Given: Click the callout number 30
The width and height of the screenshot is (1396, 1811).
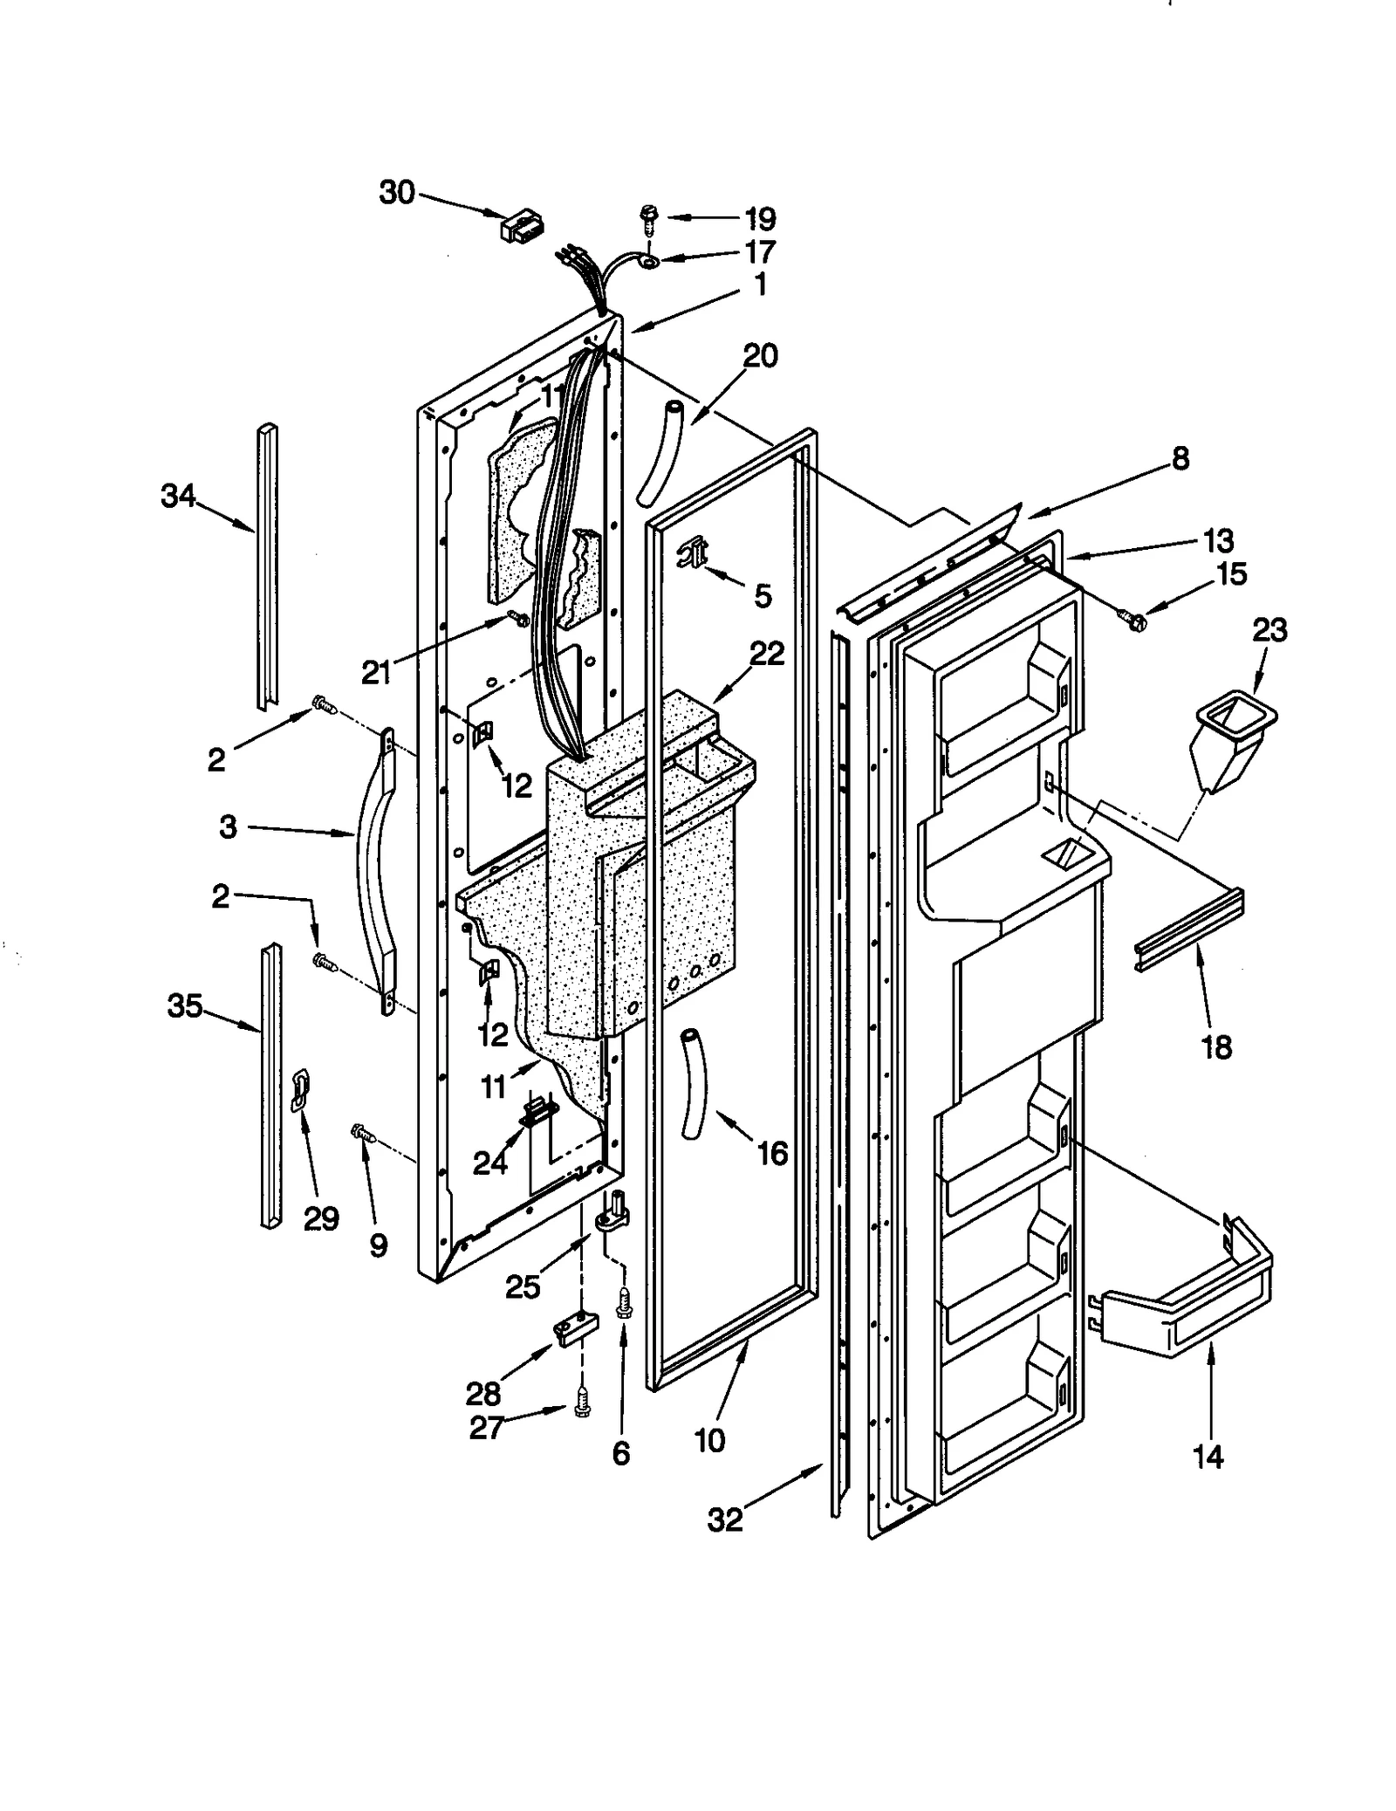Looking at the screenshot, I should point(397,192).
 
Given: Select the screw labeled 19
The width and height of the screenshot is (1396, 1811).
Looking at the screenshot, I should point(649,217).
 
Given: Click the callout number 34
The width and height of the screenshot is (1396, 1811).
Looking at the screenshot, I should point(178,497).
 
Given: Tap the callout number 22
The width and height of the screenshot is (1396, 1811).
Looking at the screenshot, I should point(768,653).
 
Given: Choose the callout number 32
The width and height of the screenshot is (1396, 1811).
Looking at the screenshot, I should point(725,1519).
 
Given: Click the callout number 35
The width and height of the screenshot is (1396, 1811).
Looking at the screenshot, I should point(184,1006).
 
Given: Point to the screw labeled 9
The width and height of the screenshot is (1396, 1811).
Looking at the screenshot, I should point(361,1133).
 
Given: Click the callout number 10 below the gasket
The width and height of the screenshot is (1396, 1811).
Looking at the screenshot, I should point(709,1440).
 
